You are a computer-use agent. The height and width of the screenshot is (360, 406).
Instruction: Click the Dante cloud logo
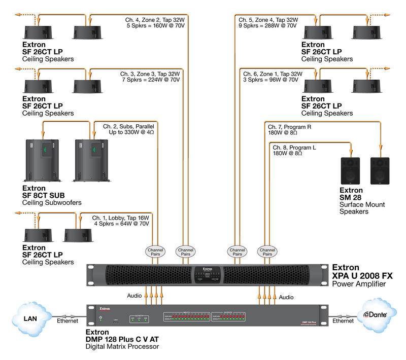[x=376, y=315]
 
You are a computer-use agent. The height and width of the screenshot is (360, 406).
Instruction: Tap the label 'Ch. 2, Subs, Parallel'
[x=128, y=126]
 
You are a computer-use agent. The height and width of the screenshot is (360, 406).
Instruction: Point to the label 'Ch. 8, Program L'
[x=294, y=148]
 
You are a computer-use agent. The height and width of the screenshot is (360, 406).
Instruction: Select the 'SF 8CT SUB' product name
[x=43, y=195]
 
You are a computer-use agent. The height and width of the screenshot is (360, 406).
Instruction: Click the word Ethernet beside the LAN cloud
[x=67, y=321]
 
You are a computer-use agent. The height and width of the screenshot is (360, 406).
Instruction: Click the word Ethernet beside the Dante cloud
[x=344, y=321]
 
